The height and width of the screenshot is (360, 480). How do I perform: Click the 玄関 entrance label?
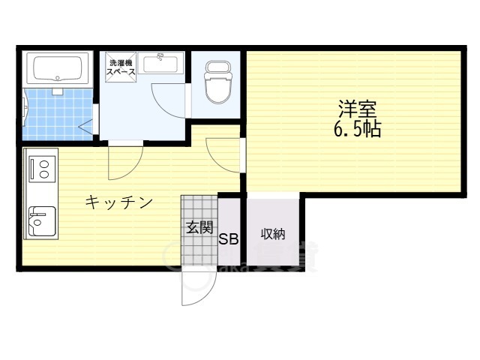tap(199, 227)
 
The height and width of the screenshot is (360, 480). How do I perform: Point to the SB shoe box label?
tap(229, 240)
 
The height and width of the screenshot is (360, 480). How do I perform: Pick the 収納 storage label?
tap(272, 234)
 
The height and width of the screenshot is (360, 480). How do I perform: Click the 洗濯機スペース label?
tap(122, 68)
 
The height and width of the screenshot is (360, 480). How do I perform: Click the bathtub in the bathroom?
tap(57, 69)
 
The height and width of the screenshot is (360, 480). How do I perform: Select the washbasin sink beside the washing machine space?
tap(160, 64)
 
